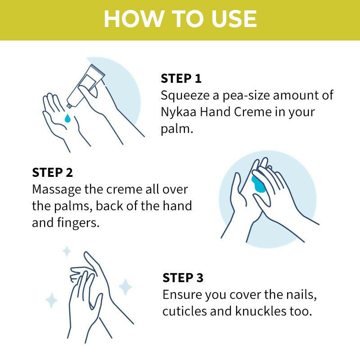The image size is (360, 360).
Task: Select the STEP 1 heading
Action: click(x=181, y=78)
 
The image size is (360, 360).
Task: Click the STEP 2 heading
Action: click(x=52, y=172)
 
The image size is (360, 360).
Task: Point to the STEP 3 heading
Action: click(x=183, y=278)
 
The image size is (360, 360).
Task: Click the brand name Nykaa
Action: click(x=178, y=112)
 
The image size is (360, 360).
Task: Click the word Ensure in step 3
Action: click(x=182, y=295)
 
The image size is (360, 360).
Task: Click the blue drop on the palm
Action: click(x=67, y=118)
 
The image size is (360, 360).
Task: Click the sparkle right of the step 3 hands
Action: click(x=125, y=287)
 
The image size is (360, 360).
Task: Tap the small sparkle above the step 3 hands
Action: click(x=67, y=251)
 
